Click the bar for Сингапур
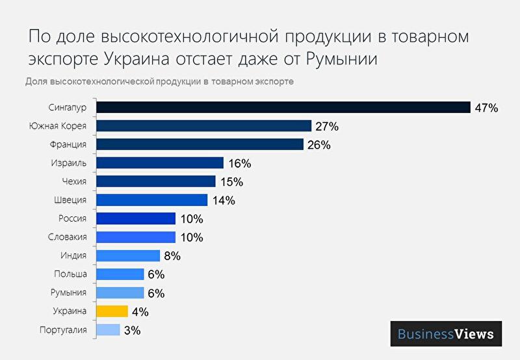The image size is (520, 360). coord(283,107)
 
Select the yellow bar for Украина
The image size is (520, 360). coord(112,311)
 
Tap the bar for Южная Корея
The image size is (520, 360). coord(203,126)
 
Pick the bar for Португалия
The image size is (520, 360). coord(108,330)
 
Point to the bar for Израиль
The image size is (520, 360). coord(159,163)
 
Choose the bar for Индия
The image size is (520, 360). coord(127,256)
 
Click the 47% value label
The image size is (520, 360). coord(486,108)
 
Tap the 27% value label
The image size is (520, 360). coord(327,126)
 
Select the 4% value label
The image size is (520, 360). coord(140,312)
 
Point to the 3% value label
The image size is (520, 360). coord(132,331)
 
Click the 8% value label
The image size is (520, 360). coord(172,256)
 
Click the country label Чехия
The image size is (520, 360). coord(73,181)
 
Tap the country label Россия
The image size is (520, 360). coord(71,218)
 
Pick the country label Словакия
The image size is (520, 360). coord(68,237)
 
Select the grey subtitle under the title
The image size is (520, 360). coord(159,82)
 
